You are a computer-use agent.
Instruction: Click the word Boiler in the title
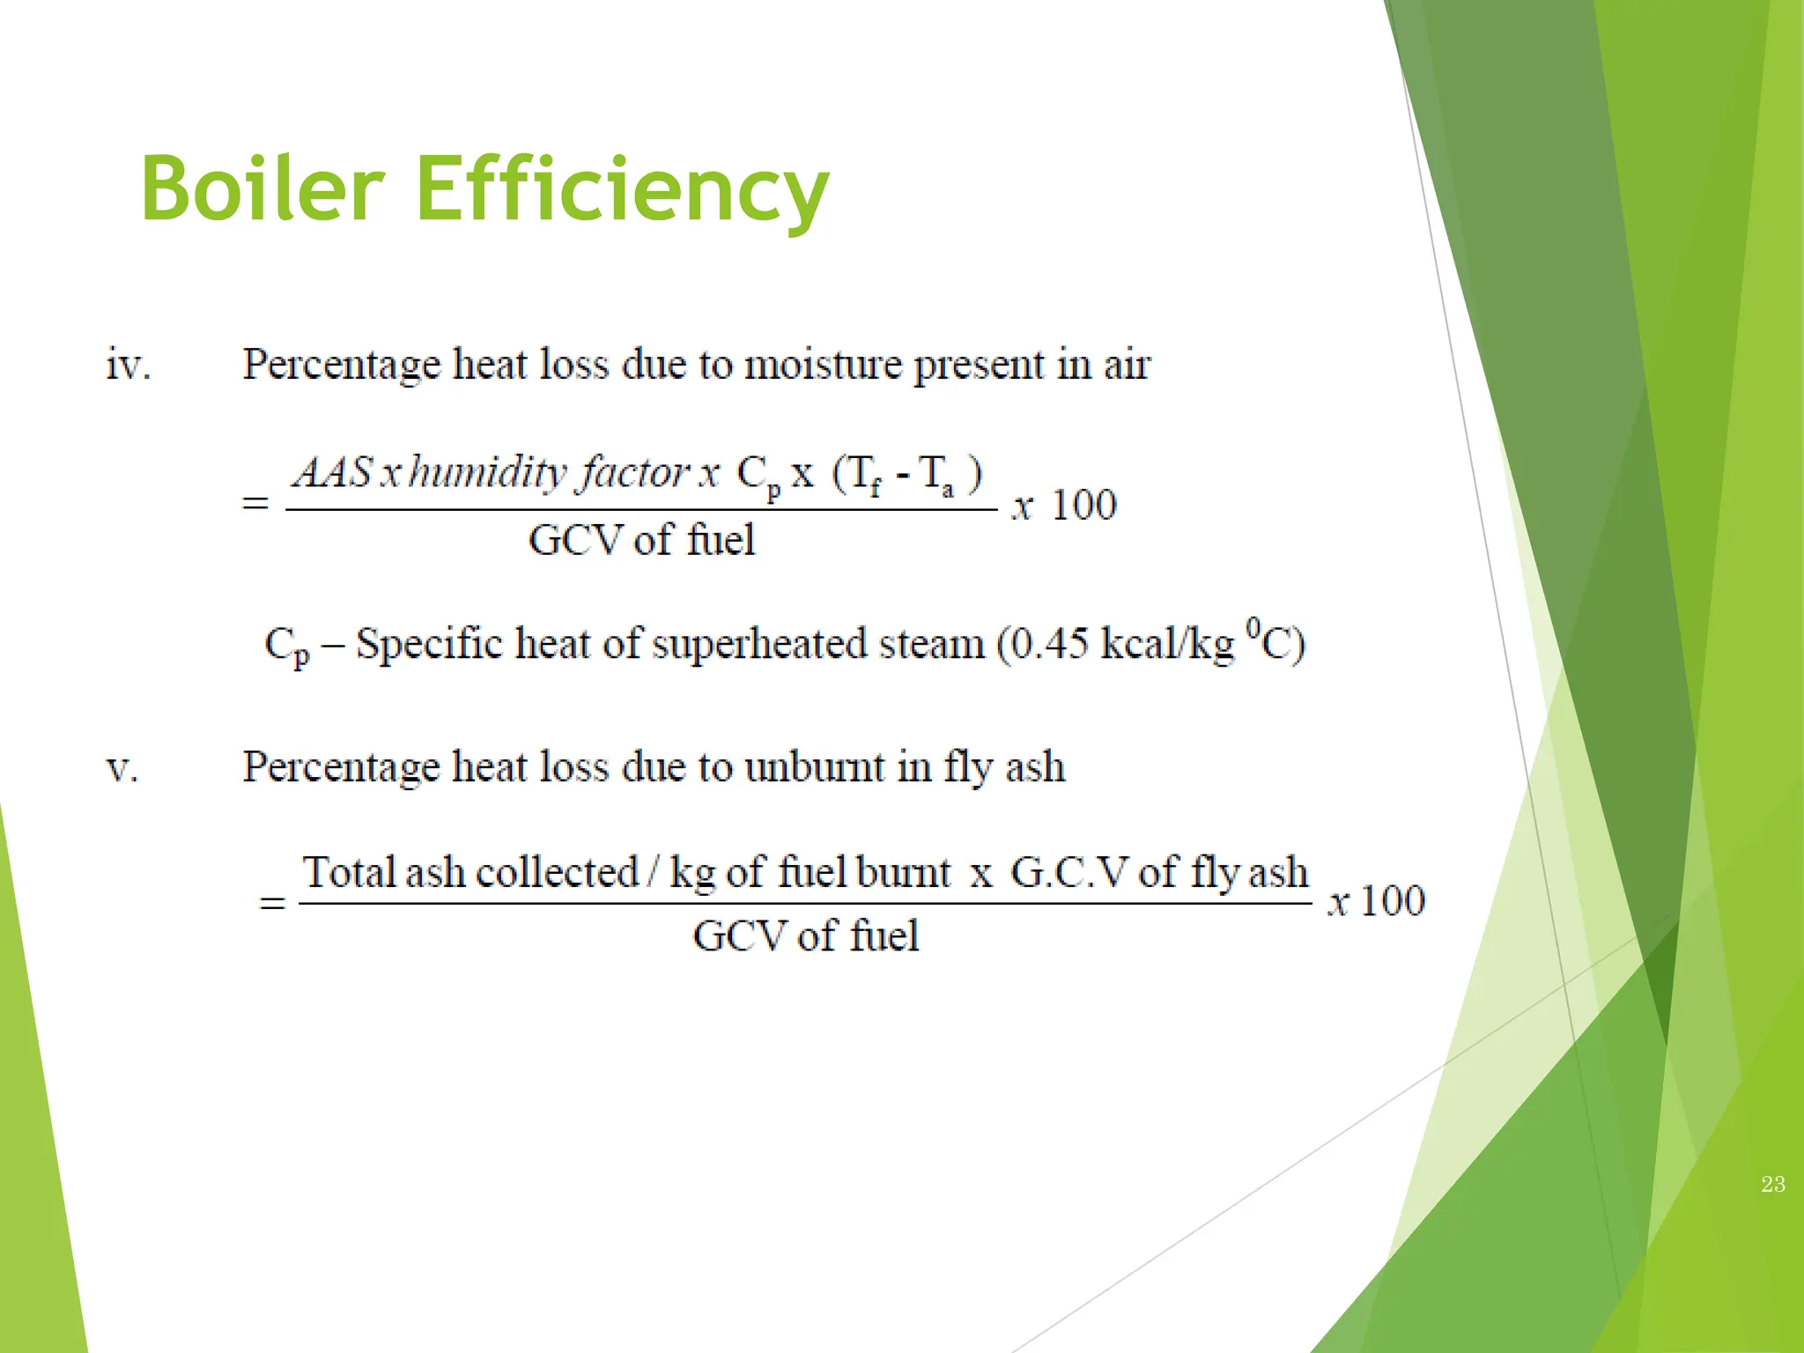[262, 189]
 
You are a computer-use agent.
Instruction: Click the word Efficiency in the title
[622, 189]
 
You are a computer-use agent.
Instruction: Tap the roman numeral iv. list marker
[129, 365]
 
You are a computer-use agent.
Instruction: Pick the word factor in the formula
[634, 472]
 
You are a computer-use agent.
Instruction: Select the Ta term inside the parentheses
[935, 476]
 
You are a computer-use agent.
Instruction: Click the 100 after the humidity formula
[1084, 505]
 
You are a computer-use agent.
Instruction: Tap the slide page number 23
[1773, 1185]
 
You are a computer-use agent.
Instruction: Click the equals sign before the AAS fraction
[255, 504]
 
